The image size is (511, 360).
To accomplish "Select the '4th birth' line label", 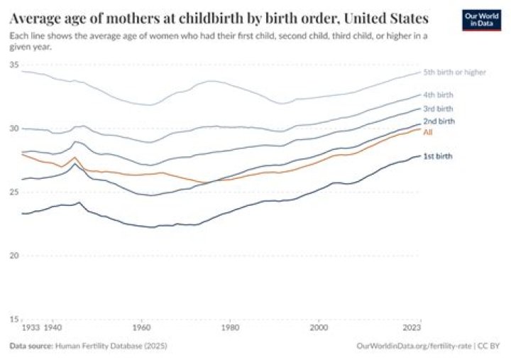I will pos(438,94).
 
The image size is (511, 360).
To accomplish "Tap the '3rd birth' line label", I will pos(438,109).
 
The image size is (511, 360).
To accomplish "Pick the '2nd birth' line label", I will pos(439,121).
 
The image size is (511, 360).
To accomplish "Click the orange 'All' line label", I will pos(428,131).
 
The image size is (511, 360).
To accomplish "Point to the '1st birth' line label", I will pos(438,156).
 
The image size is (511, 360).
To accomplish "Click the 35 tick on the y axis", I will pos(14,65).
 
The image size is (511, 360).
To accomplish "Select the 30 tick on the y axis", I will pos(14,129).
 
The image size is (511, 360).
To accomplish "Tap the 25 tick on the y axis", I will pos(14,192).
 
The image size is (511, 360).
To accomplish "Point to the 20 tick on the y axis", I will pos(14,256).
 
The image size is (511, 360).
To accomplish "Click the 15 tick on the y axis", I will pos(14,319).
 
